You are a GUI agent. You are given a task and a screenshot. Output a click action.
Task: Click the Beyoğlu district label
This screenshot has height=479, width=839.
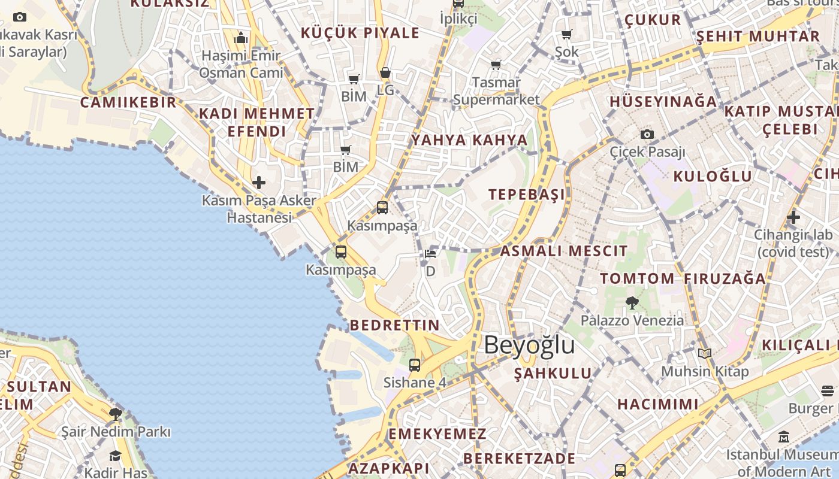(x=529, y=345)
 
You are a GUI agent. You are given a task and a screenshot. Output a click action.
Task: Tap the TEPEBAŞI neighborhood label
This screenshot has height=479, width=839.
(x=527, y=195)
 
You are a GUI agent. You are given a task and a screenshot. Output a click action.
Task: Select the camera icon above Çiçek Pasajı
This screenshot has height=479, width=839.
(x=647, y=134)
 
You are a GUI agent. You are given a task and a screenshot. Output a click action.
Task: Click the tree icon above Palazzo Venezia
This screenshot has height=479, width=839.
(x=632, y=302)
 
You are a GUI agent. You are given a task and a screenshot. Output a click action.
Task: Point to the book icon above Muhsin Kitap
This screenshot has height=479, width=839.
(x=705, y=354)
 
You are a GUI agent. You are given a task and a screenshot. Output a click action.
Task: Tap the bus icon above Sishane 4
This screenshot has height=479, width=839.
(x=415, y=365)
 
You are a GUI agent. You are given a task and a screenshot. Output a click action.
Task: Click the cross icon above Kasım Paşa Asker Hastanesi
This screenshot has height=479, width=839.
(x=259, y=182)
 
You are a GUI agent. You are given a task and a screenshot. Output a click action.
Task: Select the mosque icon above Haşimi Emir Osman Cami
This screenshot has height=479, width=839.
(x=241, y=38)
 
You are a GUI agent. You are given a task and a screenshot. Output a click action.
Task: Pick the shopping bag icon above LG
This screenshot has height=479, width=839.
(x=385, y=73)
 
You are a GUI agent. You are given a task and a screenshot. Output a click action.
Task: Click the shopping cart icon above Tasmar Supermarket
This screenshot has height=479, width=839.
(x=496, y=65)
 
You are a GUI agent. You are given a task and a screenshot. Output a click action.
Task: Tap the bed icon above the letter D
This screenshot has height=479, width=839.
(x=430, y=253)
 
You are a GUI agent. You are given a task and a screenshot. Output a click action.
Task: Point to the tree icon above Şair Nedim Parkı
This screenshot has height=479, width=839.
(x=116, y=414)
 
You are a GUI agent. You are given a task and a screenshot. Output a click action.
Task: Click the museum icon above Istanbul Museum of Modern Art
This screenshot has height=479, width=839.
(x=784, y=437)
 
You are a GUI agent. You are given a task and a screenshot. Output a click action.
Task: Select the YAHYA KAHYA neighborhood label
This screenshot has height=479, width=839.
(x=469, y=140)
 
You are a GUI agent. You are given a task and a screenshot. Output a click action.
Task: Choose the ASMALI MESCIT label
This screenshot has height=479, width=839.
(x=564, y=251)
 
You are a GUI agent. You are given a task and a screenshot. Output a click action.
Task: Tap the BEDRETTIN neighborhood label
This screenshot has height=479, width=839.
(x=394, y=325)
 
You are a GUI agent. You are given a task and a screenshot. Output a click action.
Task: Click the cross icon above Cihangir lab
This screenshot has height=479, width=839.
(x=793, y=217)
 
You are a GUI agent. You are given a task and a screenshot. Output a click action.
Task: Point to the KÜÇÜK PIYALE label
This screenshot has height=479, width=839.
(x=360, y=33)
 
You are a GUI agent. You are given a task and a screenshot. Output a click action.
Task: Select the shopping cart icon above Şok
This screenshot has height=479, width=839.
(x=566, y=34)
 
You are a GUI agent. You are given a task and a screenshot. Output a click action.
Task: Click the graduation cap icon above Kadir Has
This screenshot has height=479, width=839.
(x=116, y=456)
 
